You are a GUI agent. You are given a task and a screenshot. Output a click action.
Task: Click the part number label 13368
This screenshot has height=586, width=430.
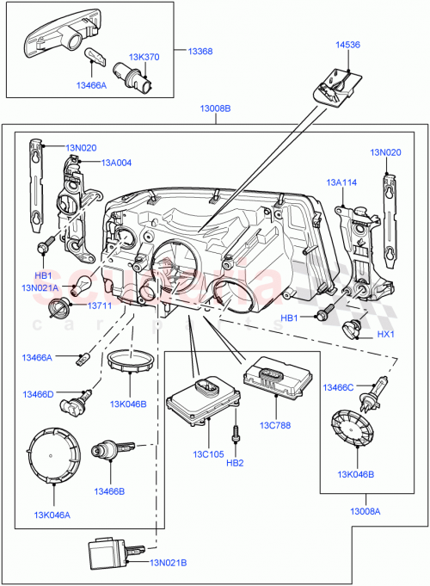(200, 52)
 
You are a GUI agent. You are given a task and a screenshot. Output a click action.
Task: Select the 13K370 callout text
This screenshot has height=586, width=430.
(145, 57)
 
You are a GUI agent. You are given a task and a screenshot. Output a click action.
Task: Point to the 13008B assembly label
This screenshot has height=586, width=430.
(215, 108)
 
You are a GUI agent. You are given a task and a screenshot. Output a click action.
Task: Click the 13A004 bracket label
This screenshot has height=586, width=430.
(116, 162)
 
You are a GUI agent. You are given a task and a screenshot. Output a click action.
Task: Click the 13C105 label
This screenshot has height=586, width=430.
(208, 453)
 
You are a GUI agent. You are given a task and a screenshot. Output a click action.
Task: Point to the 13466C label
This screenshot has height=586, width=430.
(339, 388)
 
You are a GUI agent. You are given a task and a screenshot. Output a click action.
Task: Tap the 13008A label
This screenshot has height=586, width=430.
(365, 511)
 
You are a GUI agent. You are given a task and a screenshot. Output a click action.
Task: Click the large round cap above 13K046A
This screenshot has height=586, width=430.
(56, 458)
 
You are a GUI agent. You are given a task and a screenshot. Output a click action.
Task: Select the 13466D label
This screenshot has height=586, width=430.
(38, 394)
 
